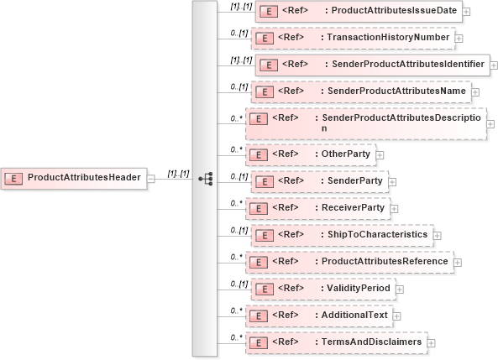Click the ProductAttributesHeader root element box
tap(76, 177)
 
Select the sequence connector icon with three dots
tap(205, 178)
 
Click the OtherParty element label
tap(347, 154)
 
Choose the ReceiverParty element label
tap(354, 207)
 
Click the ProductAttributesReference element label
tap(385, 261)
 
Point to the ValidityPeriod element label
tap(357, 288)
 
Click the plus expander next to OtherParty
tap(380, 155)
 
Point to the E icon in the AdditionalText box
tap(260, 316)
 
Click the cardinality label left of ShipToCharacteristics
tap(239, 229)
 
